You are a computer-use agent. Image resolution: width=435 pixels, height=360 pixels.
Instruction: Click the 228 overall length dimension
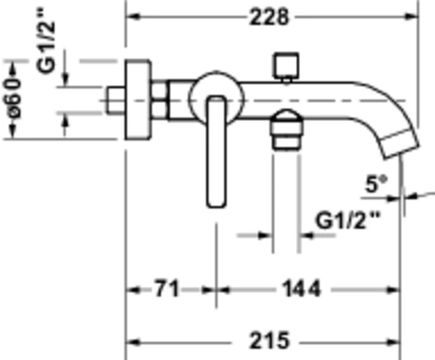(270, 17)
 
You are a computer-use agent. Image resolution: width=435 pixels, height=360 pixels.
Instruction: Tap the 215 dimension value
(270, 341)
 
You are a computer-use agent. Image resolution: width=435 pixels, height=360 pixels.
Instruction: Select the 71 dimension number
(166, 289)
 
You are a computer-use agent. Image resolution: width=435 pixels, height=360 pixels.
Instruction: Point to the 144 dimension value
(302, 289)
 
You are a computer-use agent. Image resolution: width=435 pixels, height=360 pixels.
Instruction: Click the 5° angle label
(377, 184)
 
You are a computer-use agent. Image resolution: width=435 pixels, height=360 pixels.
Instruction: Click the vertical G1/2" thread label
(45, 41)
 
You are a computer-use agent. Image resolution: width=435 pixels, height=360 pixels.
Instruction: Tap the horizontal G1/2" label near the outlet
(347, 221)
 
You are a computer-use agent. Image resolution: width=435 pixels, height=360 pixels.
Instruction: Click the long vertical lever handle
(217, 151)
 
